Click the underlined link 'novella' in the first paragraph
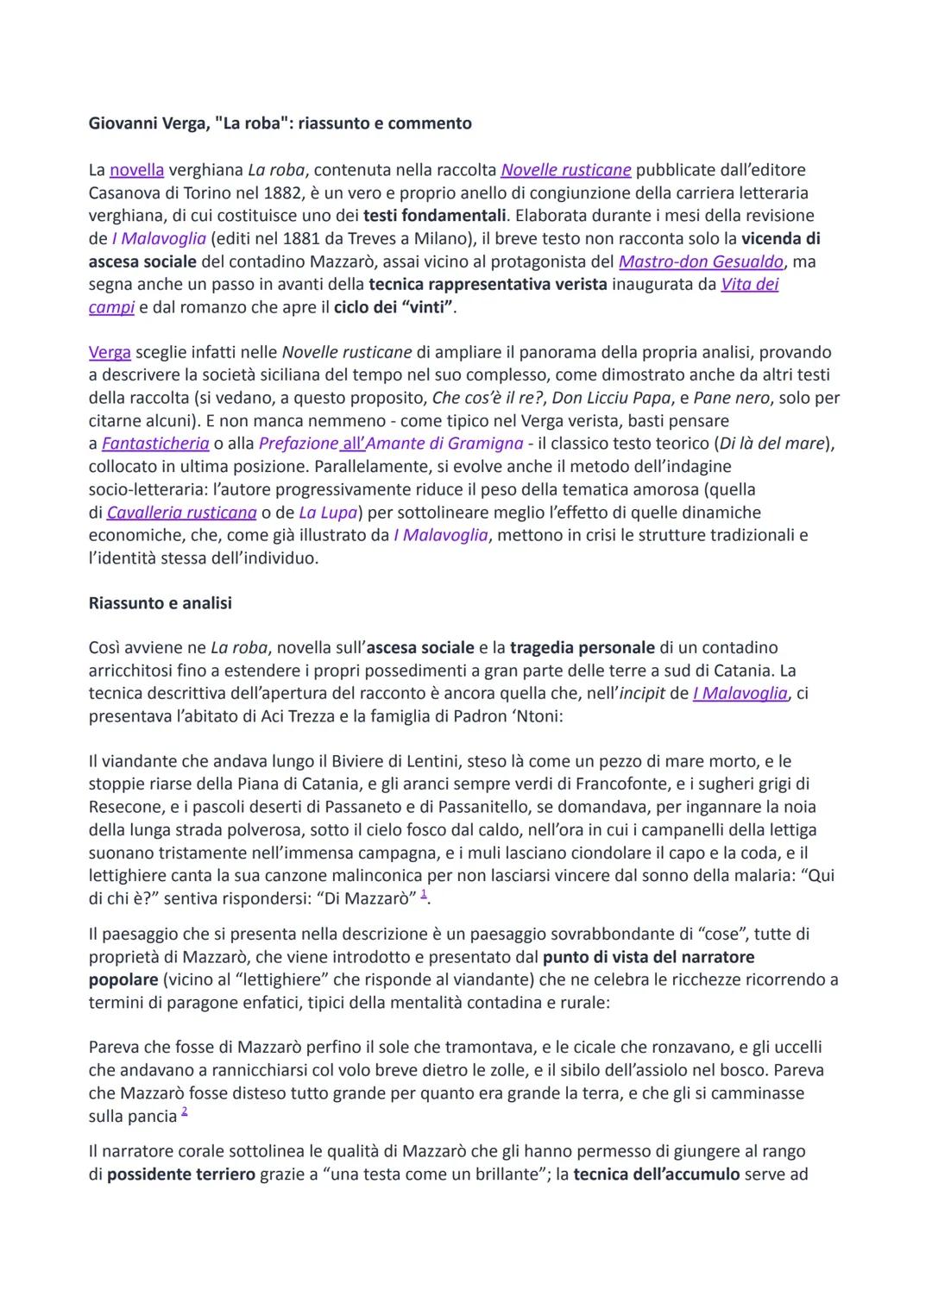(136, 170)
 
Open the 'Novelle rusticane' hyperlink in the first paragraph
(565, 170)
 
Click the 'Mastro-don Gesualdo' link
(701, 261)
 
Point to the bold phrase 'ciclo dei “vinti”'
(394, 307)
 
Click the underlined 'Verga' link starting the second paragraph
(110, 352)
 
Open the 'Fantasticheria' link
(155, 444)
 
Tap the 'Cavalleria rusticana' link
(182, 513)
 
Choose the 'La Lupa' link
(328, 513)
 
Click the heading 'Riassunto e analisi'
(161, 603)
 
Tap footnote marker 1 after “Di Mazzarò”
(423, 895)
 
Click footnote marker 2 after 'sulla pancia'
(185, 1112)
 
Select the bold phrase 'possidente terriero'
(181, 1174)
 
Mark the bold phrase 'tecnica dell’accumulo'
(656, 1174)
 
